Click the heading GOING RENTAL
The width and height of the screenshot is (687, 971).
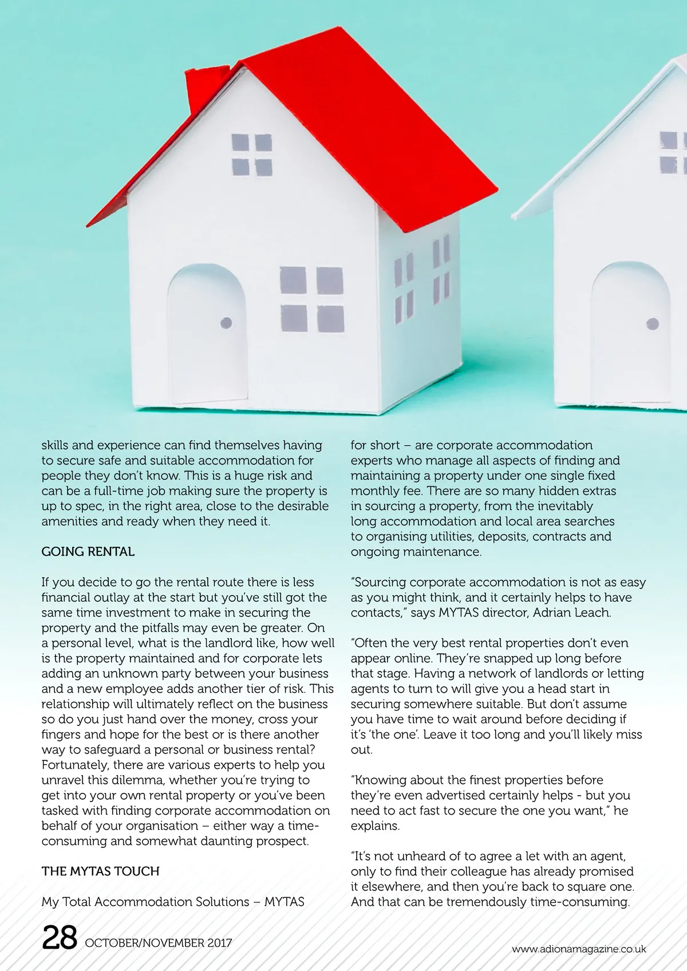pos(88,552)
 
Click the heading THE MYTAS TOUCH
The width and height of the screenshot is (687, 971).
pos(100,871)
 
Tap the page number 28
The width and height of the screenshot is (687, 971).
pos(60,938)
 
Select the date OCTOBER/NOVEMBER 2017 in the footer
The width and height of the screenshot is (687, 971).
pos(158,942)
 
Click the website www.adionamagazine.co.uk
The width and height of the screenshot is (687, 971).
pos(579,949)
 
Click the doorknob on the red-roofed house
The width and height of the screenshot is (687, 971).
pos(226,323)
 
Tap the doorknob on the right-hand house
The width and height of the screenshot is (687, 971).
pos(652,325)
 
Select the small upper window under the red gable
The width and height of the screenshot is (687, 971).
pos(251,155)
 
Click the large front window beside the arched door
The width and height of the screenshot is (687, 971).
pos(311,299)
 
